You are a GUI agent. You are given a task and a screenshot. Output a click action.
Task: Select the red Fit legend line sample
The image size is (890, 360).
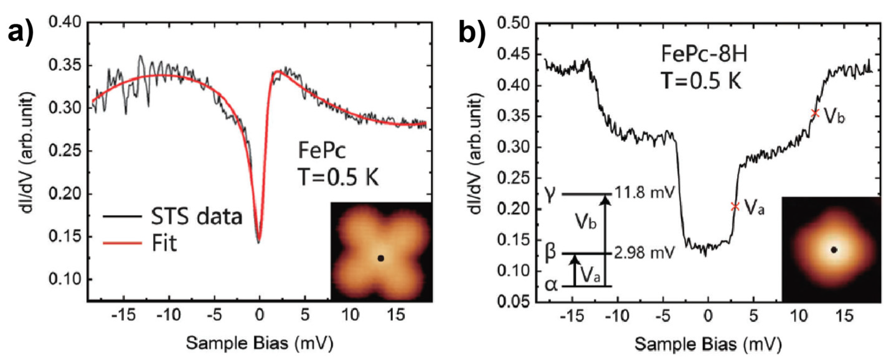[x=122, y=243]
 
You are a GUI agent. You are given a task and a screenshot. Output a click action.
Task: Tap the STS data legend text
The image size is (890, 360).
[x=196, y=217]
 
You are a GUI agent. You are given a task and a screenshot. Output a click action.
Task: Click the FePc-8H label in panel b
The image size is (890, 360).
[x=704, y=54]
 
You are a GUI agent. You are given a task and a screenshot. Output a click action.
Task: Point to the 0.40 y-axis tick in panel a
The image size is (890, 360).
[x=69, y=23]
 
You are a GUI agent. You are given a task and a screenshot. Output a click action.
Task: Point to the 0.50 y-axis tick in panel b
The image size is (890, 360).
[x=513, y=24]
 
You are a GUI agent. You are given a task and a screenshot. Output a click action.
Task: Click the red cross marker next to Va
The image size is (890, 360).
[x=735, y=206]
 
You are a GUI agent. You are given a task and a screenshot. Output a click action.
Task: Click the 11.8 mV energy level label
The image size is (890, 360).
[x=644, y=193]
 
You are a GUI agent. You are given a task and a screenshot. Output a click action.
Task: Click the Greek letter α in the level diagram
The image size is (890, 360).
[x=551, y=286]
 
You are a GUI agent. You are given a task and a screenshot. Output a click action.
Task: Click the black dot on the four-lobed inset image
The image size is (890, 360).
[x=381, y=258]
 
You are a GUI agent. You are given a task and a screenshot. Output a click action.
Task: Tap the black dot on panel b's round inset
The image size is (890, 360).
[x=834, y=250]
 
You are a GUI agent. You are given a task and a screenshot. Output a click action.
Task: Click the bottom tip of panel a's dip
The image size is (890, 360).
[x=259, y=242]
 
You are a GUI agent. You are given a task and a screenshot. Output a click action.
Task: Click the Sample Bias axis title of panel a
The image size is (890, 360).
[x=259, y=344]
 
